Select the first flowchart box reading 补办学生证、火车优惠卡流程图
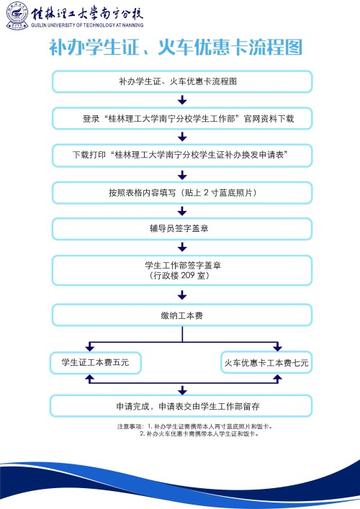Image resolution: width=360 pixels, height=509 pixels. click(182, 81)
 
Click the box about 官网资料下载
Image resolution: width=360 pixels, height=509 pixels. click(182, 118)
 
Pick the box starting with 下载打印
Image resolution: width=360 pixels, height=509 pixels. click(182, 155)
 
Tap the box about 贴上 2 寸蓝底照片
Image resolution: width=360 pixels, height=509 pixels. click(182, 192)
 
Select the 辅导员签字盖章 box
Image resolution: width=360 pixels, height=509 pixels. click(182, 229)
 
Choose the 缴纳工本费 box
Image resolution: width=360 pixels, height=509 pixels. click(182, 315)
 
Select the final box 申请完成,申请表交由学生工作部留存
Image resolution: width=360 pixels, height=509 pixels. click(182, 405)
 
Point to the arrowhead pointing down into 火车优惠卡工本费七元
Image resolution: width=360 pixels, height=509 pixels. click(276, 348)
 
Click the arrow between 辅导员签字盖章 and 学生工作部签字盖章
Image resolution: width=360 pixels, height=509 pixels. click(182, 248)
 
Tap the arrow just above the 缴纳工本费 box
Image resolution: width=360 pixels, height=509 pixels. click(182, 294)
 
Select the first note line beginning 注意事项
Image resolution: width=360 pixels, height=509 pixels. click(194, 426)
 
